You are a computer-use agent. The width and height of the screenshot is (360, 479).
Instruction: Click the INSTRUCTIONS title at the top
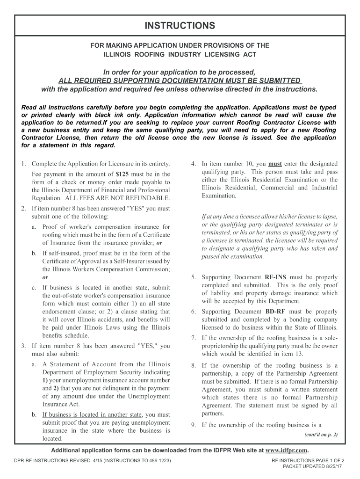pos(180,26)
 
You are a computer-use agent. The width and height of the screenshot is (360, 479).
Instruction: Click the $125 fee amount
pos(122,174)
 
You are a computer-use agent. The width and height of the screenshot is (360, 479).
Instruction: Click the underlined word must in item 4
pos(275,164)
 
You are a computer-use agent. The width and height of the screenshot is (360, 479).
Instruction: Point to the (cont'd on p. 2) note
pos(321,435)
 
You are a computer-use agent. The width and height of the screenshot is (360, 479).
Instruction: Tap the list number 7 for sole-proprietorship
pos(193,338)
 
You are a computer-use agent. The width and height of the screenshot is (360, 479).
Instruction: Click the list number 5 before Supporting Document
pos(193,277)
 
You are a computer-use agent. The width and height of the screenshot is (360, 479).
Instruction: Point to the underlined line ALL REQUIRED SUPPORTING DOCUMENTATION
pos(180,80)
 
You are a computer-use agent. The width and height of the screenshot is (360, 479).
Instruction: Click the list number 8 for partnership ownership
pos(193,365)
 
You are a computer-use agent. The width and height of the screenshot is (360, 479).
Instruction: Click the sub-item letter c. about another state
pos(34,288)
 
